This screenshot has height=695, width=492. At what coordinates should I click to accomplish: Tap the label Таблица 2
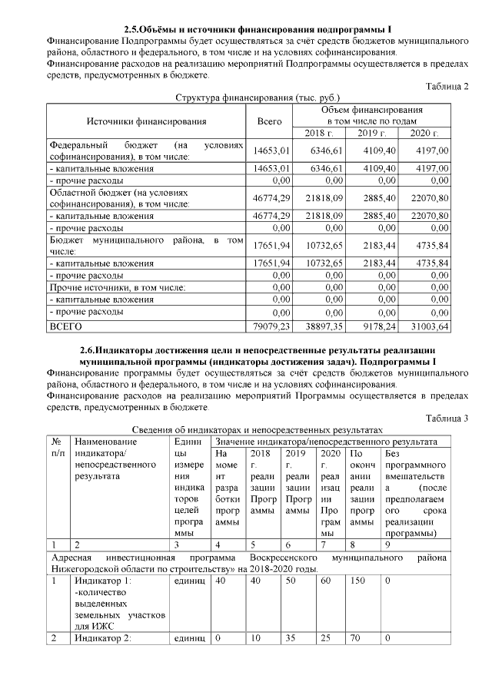point(447,86)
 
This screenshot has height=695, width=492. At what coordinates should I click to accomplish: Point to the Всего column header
point(270,121)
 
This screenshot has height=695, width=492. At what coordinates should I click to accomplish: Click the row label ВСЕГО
point(66,326)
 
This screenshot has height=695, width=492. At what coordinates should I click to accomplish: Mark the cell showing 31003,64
point(429,326)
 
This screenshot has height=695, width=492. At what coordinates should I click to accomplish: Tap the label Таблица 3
point(447,418)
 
